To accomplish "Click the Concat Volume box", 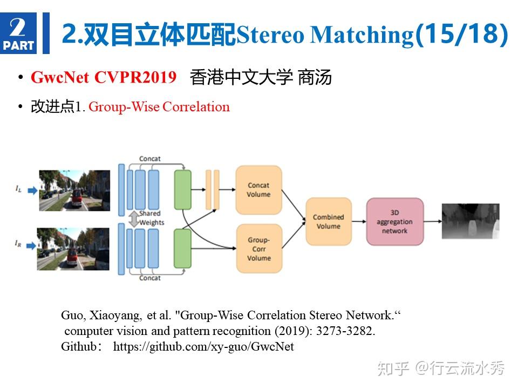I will click(258, 190).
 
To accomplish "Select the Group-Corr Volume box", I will click(258, 249).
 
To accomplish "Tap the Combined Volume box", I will click(328, 222).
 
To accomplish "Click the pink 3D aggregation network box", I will click(394, 222).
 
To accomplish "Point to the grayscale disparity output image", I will click(470, 221).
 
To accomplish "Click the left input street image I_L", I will click(74, 190).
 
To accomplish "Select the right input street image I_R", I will click(73, 249).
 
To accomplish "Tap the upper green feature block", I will click(183, 190).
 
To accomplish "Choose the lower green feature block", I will click(183, 249).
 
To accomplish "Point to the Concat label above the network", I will click(150, 159).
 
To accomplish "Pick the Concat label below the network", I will click(150, 278).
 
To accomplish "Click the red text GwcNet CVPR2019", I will click(104, 78).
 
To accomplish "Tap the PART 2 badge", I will click(18, 33).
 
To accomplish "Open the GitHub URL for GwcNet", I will click(203, 347).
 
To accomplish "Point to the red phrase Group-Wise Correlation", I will click(159, 107).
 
